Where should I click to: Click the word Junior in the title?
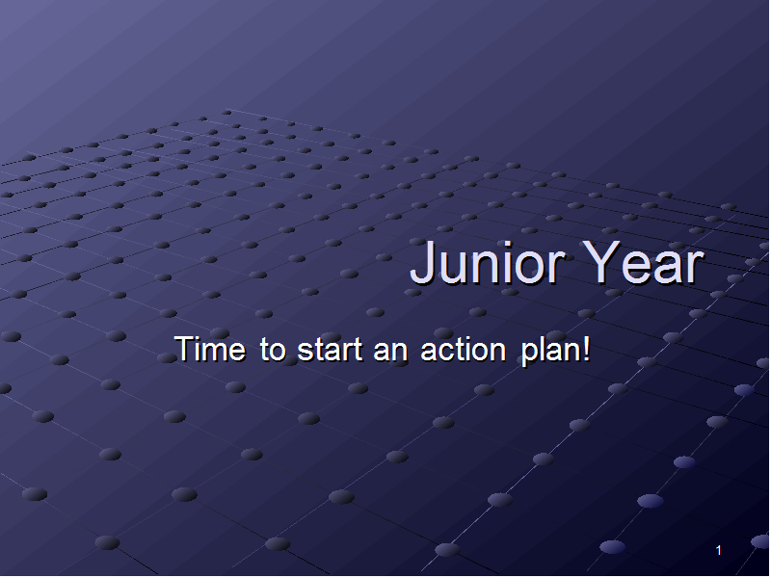(x=488, y=263)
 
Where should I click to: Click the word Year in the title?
(x=645, y=263)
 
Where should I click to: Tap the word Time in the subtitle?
(x=210, y=350)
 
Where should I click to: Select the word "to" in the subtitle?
(x=273, y=351)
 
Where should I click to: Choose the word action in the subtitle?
(x=464, y=351)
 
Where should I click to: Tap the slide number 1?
(x=718, y=550)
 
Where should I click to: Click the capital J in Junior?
(x=423, y=262)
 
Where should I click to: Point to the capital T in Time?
(x=184, y=350)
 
